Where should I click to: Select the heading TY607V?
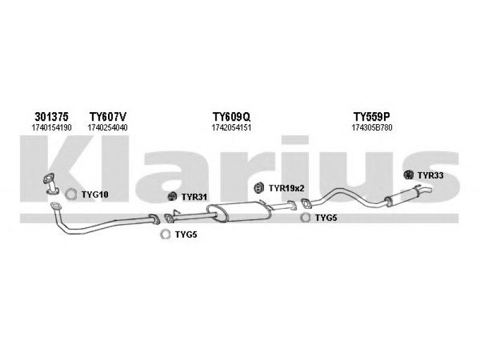pyautogui.click(x=107, y=116)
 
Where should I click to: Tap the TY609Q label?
pyautogui.click(x=231, y=116)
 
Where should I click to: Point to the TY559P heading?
pyautogui.click(x=372, y=116)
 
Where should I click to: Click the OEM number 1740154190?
pyautogui.click(x=52, y=127)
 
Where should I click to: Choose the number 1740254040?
pyautogui.click(x=107, y=127)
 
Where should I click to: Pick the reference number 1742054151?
pyautogui.click(x=231, y=127)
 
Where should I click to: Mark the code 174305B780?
pyautogui.click(x=373, y=127)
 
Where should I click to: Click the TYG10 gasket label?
pyautogui.click(x=95, y=194)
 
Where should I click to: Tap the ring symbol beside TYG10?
pyautogui.click(x=71, y=194)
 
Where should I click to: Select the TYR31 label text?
pyautogui.click(x=194, y=197)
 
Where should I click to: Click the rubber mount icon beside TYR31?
pyautogui.click(x=171, y=196)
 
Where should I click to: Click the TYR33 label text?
pyautogui.click(x=430, y=175)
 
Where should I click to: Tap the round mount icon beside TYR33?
pyautogui.click(x=409, y=175)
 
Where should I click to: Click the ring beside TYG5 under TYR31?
pyautogui.click(x=164, y=235)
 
